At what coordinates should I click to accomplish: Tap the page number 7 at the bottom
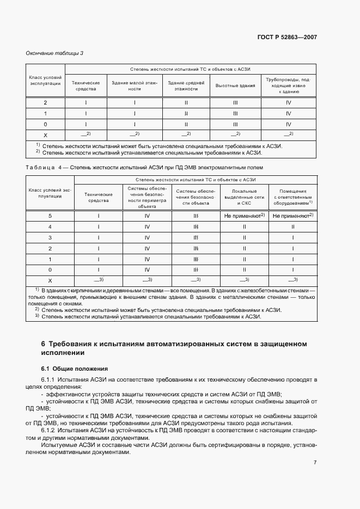pos(315,463)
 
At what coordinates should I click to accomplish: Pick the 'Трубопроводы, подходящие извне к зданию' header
pos(288,86)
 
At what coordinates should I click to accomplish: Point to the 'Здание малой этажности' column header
pos(134,86)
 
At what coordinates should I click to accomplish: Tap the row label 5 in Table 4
pos(50,216)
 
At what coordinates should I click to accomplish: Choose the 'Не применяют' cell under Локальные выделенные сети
pos(243,216)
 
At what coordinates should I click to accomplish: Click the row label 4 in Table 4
pos(50,226)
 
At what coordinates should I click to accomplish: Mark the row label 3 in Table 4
pos(50,237)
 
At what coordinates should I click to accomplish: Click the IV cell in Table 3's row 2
pos(288,102)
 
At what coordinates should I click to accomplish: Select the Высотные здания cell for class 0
pos(235,124)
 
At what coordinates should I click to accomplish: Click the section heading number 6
pos(43,344)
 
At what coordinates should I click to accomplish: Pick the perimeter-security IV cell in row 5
pos(147,216)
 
